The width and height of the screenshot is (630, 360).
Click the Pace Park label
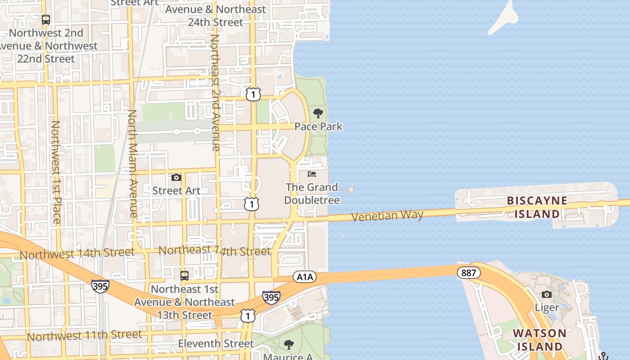click(x=318, y=126)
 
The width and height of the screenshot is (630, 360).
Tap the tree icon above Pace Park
click(x=318, y=113)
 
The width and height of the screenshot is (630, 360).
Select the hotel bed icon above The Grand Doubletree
click(x=312, y=174)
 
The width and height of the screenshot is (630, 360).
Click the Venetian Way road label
click(x=387, y=216)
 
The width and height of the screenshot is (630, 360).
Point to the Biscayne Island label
click(x=537, y=207)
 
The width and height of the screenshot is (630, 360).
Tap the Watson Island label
click(x=539, y=340)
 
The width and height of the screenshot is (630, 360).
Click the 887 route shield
click(x=468, y=272)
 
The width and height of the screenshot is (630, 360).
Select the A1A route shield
click(x=305, y=277)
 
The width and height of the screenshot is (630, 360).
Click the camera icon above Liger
click(x=547, y=294)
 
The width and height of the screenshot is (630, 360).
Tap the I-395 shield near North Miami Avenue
click(x=100, y=286)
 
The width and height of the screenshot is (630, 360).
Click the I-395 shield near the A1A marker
click(x=271, y=297)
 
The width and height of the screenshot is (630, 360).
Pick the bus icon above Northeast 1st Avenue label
click(x=184, y=275)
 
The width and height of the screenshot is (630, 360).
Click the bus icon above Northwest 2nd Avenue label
click(x=46, y=20)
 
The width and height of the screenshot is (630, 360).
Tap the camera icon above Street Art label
click(x=176, y=177)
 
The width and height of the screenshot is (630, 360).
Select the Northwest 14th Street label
click(x=77, y=253)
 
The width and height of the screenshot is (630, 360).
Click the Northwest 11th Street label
click(x=84, y=335)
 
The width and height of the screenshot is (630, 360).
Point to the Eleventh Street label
click(x=216, y=343)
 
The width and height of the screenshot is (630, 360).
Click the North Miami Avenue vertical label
click(x=132, y=164)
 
